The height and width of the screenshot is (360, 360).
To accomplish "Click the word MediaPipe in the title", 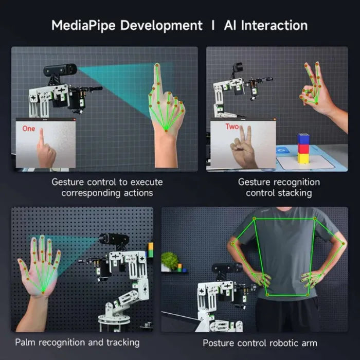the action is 83,26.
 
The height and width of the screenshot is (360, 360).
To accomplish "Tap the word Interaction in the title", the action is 274,25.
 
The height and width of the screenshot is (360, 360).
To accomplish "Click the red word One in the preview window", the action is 29,129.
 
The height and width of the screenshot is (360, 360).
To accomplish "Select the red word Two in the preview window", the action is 232,127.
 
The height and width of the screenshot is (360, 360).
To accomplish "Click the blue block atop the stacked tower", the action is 303,138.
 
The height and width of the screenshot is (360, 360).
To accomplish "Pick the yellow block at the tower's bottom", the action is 303,158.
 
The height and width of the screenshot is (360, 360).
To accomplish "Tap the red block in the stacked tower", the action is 303,149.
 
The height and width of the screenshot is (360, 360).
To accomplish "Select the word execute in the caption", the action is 147,182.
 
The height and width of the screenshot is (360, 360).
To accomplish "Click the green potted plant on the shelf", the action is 170,261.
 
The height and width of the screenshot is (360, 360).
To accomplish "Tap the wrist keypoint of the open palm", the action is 43,292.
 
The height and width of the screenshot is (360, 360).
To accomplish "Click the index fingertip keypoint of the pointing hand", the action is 157,65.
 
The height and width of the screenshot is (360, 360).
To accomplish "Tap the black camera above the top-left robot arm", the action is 60,69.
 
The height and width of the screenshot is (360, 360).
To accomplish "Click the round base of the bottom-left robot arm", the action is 114,319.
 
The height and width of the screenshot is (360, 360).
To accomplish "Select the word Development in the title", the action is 161,26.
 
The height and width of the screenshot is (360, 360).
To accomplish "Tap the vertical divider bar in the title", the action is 213,25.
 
